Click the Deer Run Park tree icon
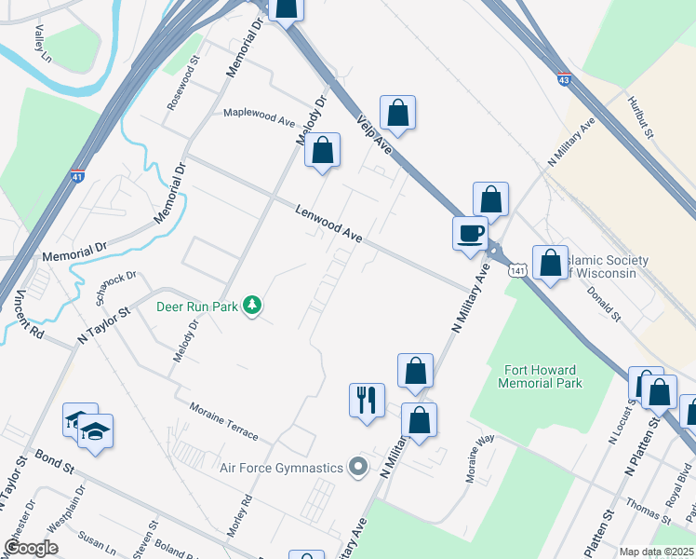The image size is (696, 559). (251, 305)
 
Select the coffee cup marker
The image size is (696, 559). (471, 232)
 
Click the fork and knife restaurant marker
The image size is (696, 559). (366, 401)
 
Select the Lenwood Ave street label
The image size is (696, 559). (328, 225)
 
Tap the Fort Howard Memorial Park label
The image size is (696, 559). (540, 375)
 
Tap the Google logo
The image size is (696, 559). (32, 548)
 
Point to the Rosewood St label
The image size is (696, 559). (183, 85)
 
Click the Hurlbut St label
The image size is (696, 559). (641, 117)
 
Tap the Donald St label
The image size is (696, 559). (604, 303)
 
